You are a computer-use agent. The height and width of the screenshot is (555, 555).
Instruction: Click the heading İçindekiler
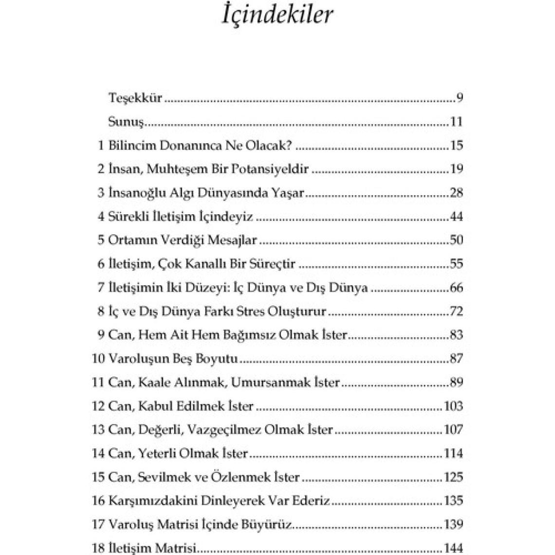[x=277, y=15]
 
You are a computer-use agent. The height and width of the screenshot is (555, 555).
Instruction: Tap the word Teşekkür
[x=135, y=98]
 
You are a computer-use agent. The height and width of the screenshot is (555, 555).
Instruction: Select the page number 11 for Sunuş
[x=456, y=121]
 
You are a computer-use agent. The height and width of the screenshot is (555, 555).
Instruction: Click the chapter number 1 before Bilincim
[x=101, y=145]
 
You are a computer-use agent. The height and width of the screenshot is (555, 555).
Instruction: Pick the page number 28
[x=456, y=193]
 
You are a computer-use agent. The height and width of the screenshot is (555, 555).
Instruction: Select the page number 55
[x=456, y=264]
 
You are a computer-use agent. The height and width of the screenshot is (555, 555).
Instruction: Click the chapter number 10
[x=98, y=359]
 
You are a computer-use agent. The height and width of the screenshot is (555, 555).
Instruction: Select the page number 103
[x=453, y=406]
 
